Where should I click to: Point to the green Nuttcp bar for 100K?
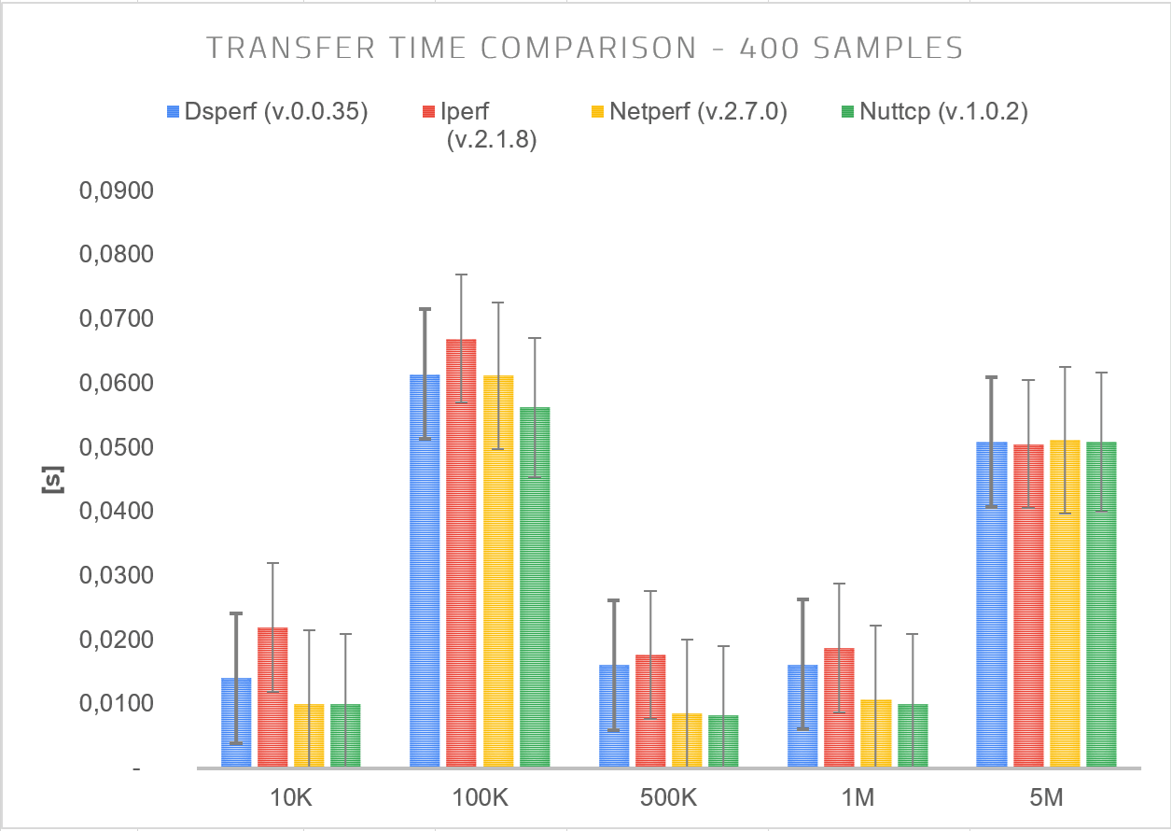click(x=535, y=587)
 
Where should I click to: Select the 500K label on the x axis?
click(x=669, y=799)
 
